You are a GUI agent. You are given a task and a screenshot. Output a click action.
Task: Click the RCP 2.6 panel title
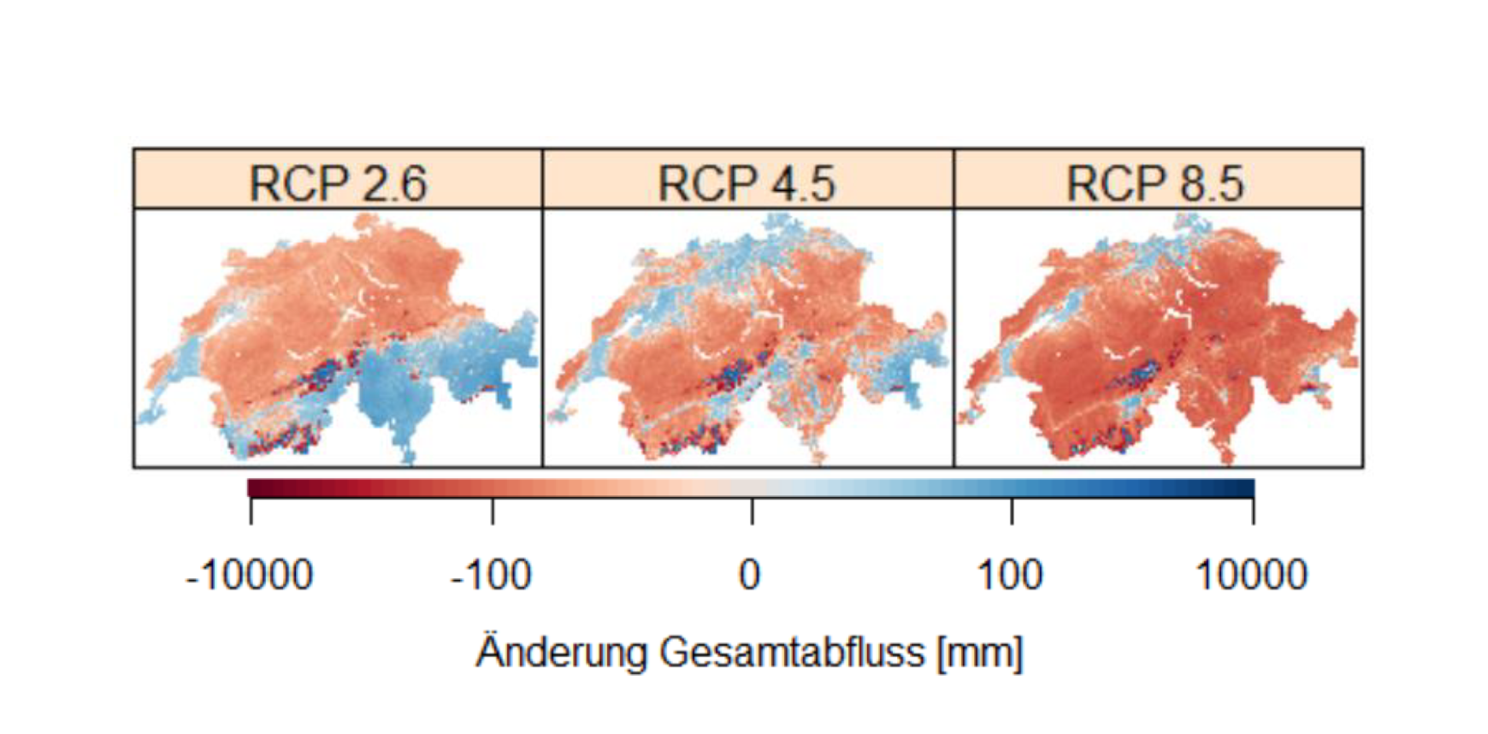pos(338,183)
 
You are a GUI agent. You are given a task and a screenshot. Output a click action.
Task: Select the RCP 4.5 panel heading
pos(747,183)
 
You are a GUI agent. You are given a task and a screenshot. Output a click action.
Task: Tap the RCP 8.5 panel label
pos(1155,183)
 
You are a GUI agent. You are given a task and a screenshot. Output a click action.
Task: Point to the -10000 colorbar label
pos(250,575)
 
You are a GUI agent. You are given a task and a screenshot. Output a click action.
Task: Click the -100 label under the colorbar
pos(492,575)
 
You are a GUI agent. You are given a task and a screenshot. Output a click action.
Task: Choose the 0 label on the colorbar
pos(750,575)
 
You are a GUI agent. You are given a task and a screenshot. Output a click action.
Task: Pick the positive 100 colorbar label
pos(1010,575)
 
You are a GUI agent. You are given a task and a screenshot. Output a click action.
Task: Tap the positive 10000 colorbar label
pos(1251,575)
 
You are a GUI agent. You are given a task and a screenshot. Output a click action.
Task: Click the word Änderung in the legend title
pos(562,653)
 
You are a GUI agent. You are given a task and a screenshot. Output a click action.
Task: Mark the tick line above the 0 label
pos(753,512)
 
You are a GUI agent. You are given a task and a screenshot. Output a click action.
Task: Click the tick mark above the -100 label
pos(493,512)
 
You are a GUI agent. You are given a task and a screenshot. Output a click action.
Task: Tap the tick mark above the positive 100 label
pos(1013,512)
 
